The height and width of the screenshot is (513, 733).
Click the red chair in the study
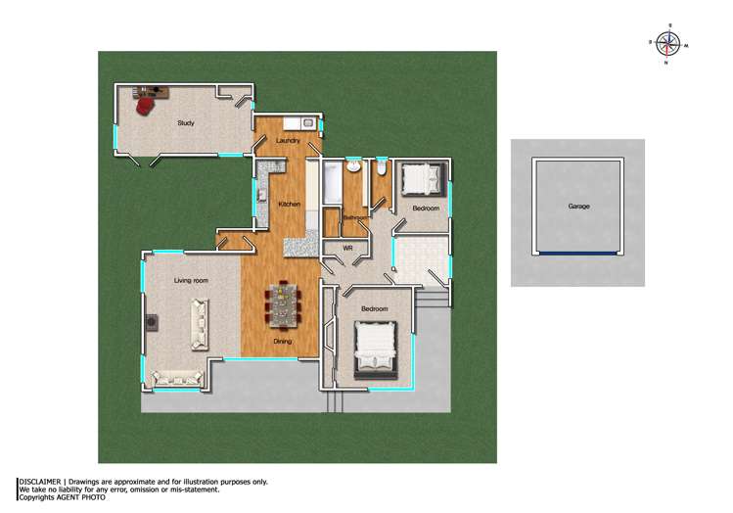coord(145,104)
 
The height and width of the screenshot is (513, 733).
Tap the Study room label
coord(185,123)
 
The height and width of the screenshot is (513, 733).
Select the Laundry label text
coord(288,141)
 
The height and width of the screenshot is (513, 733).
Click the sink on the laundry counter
coord(306,122)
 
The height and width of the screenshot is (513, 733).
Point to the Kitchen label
coord(289,204)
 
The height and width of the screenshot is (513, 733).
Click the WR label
coord(347,248)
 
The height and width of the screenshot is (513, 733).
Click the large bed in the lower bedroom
coord(375,347)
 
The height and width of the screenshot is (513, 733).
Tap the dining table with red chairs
coord(282,305)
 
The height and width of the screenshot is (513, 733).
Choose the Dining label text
coord(282,342)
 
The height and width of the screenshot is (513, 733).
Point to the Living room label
coord(192,281)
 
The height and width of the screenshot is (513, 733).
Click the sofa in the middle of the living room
coord(199,324)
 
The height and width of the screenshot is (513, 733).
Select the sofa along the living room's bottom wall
coord(175,377)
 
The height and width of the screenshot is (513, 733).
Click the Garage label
coord(578,207)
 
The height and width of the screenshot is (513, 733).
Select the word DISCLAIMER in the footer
coord(39,482)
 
